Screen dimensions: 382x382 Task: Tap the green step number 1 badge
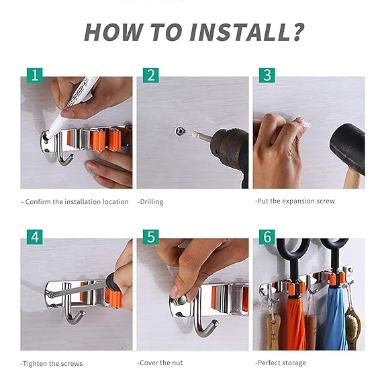pos(34,75)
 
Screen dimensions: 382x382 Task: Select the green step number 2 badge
pos(150,75)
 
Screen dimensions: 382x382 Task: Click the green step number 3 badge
pos(267,75)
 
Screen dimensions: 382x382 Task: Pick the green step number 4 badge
pos(34,237)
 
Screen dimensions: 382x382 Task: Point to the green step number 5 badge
pos(150,237)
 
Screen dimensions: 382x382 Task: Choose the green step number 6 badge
pos(267,237)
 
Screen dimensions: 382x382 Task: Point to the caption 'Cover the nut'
pos(160,363)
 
